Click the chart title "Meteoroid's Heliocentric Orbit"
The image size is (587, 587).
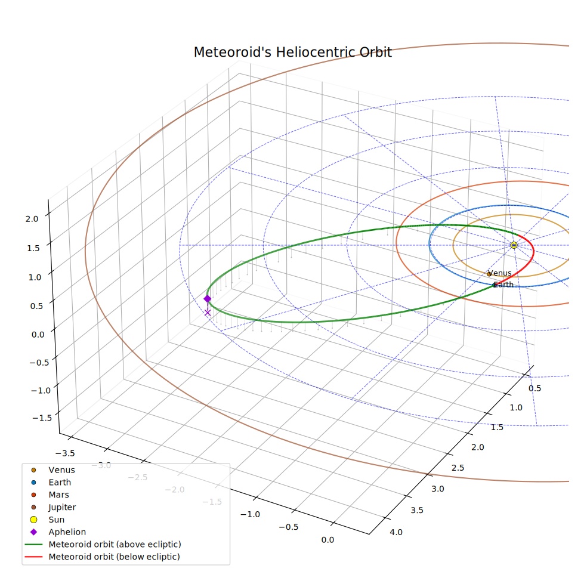coord(292,52)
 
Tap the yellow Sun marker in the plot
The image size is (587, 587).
coord(514,245)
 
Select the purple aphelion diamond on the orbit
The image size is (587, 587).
coord(207,299)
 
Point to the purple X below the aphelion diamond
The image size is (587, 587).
coord(208,313)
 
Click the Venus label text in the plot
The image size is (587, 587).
coord(500,273)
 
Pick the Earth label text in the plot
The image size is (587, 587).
coord(504,285)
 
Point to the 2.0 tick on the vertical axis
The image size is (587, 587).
coord(32,218)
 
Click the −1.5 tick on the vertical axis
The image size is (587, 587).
coord(42,418)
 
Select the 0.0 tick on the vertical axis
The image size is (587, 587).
coord(38,334)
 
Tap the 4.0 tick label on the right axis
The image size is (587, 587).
coord(396,532)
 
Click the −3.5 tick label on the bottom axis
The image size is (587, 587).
coord(65,453)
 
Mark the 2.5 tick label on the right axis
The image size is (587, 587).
coord(458,468)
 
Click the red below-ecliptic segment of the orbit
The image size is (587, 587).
coord(528,262)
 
